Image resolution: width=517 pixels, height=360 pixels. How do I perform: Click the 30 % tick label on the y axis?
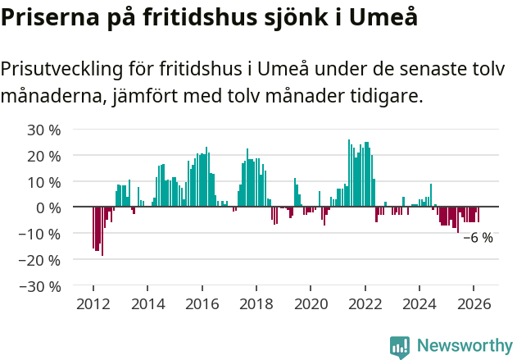point(44,130)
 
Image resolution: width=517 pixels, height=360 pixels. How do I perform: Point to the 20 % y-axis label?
point(44,156)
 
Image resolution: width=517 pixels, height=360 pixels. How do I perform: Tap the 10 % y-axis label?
point(44,182)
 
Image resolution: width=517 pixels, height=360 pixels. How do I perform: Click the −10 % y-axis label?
point(39,234)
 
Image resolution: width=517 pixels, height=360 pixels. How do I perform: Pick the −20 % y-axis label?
point(39,260)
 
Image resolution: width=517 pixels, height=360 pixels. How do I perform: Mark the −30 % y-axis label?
point(39,286)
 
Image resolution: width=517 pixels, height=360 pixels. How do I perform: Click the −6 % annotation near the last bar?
point(478,238)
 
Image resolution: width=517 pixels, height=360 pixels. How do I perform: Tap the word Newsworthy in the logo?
point(465,346)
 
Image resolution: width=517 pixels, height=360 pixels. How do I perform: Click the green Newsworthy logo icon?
point(400,347)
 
